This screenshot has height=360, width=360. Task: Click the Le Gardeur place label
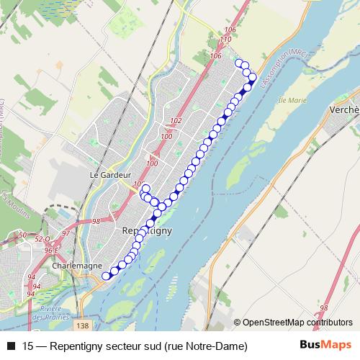(110, 174)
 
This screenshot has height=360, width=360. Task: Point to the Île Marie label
(292, 100)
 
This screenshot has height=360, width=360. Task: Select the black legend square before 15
(10, 346)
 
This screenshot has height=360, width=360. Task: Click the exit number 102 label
(176, 121)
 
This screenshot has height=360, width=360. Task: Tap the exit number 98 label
(96, 220)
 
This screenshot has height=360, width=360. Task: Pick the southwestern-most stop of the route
(106, 275)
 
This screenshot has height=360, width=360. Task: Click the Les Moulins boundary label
(6, 199)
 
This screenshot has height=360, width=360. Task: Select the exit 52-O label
(43, 238)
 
